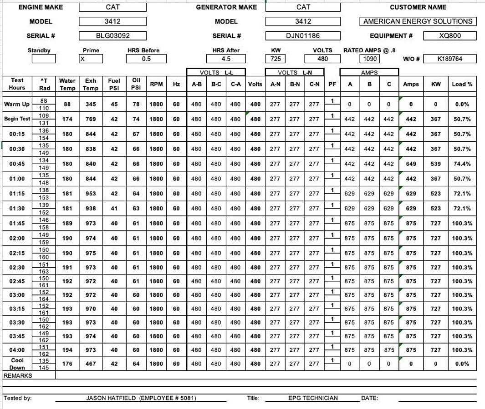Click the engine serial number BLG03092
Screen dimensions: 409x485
coord(112,36)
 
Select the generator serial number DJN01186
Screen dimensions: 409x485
coord(303,36)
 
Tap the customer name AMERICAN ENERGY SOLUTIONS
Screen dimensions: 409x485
coord(418,21)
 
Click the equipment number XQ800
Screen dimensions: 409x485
coord(449,36)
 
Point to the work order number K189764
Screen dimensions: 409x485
coord(449,59)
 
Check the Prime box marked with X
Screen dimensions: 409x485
coord(91,59)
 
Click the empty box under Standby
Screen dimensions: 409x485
coord(44,59)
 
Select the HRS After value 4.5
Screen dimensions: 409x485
coord(226,59)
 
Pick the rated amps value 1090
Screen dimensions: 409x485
coord(369,59)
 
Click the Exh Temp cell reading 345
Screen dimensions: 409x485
coord(91,104)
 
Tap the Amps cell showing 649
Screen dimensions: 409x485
coord(411,164)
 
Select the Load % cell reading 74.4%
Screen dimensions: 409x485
coord(461,164)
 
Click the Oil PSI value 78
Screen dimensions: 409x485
coord(136,104)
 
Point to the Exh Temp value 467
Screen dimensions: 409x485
coord(91,364)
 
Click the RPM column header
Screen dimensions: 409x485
coord(156,84)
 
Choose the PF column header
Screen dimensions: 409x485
coord(332,84)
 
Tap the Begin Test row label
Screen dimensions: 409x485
coord(17,119)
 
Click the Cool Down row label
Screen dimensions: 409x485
coord(17,364)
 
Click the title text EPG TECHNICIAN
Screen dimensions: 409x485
coord(313,398)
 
